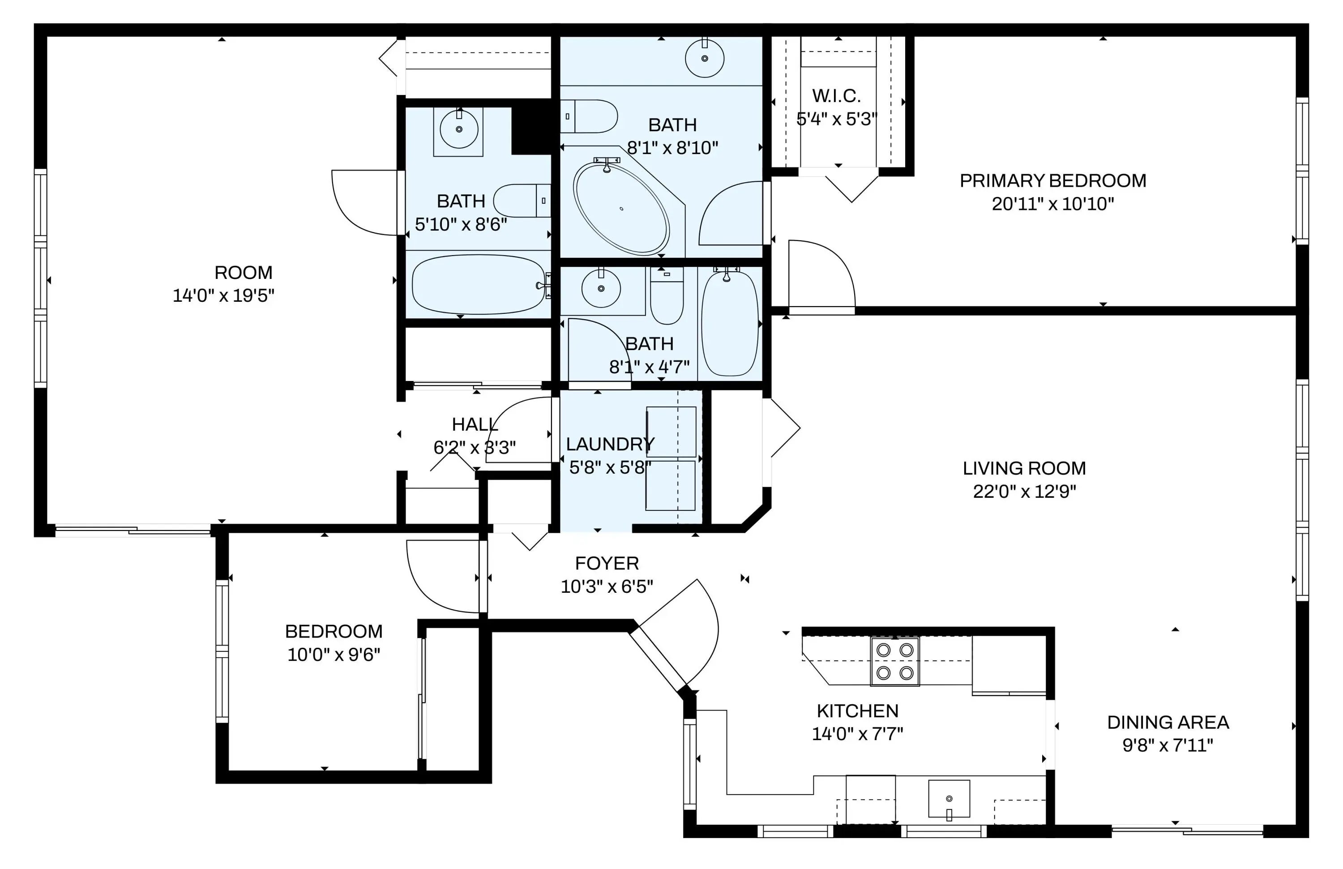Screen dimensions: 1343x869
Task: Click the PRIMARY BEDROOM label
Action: pyautogui.click(x=1053, y=180)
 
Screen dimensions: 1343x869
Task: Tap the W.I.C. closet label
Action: pyautogui.click(x=836, y=96)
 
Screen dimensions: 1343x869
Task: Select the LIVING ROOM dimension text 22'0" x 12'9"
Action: pyautogui.click(x=1025, y=492)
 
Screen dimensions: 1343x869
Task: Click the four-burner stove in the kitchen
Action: pyautogui.click(x=895, y=661)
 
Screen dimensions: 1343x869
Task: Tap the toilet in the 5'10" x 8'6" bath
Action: pyautogui.click(x=522, y=200)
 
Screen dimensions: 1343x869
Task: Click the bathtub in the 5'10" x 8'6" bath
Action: pyautogui.click(x=479, y=284)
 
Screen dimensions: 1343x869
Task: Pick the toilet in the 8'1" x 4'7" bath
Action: pyautogui.click(x=667, y=295)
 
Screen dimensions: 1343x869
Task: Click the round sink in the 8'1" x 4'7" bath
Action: pyautogui.click(x=601, y=288)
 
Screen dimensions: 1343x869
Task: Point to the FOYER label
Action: pyautogui.click(x=607, y=563)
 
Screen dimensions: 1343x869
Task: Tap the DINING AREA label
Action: pyautogui.click(x=1168, y=722)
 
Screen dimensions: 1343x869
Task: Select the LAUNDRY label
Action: pyautogui.click(x=610, y=444)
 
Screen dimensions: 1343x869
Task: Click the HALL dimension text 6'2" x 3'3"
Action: pyautogui.click(x=475, y=447)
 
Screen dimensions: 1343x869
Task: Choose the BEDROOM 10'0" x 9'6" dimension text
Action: pyautogui.click(x=334, y=655)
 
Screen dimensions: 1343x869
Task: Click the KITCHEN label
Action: pyautogui.click(x=858, y=711)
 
